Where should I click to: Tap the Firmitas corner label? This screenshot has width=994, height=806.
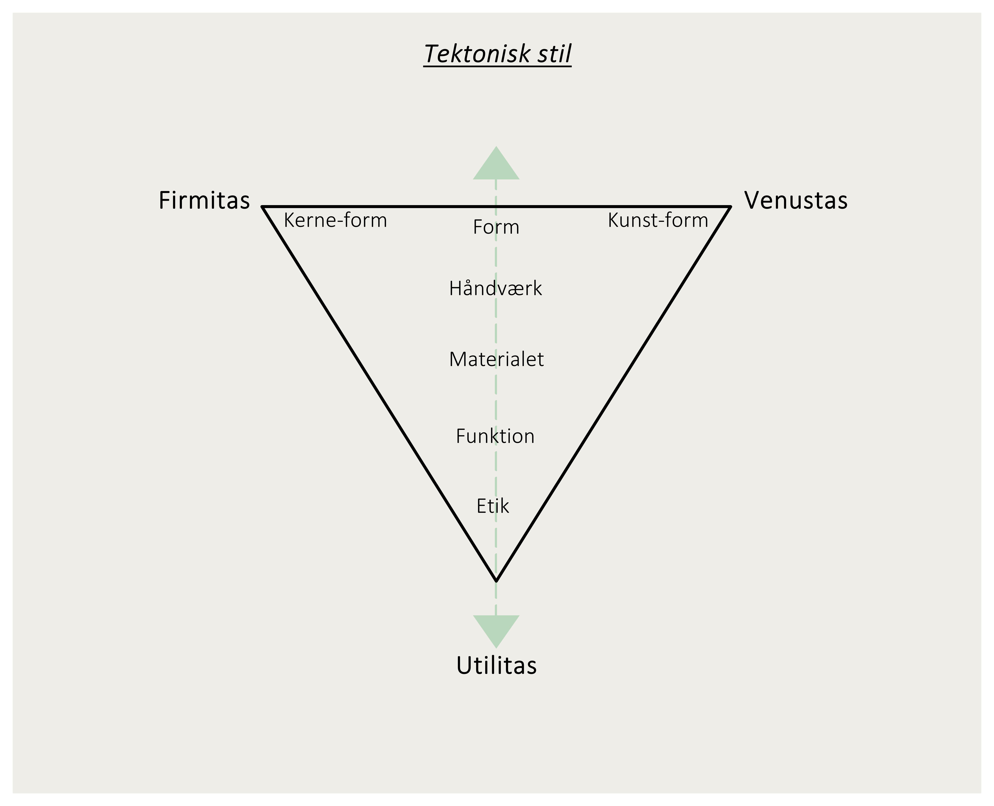(x=204, y=201)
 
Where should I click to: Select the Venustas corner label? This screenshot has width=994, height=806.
(x=796, y=201)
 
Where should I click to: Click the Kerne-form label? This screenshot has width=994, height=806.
(x=335, y=220)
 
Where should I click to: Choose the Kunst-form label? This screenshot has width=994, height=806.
(x=658, y=220)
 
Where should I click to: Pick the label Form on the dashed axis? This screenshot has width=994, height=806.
(x=496, y=227)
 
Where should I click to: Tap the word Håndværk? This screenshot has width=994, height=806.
(x=495, y=288)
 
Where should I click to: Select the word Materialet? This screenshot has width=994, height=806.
(x=496, y=359)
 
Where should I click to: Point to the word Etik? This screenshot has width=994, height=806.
(x=493, y=506)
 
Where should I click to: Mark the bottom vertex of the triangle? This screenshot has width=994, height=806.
(x=496, y=580)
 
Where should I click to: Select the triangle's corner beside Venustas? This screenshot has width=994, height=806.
(x=730, y=207)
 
